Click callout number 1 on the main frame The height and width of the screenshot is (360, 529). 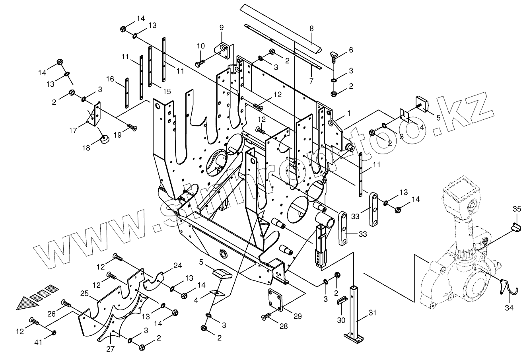click(348, 113)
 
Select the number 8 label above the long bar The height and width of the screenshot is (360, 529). click(311, 29)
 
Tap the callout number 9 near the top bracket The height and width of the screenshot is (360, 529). click(222, 27)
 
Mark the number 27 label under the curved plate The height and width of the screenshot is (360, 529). click(110, 349)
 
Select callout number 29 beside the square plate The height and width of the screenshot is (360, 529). click(298, 316)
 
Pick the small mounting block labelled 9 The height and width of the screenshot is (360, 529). click(222, 49)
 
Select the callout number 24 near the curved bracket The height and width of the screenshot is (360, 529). click(177, 265)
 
